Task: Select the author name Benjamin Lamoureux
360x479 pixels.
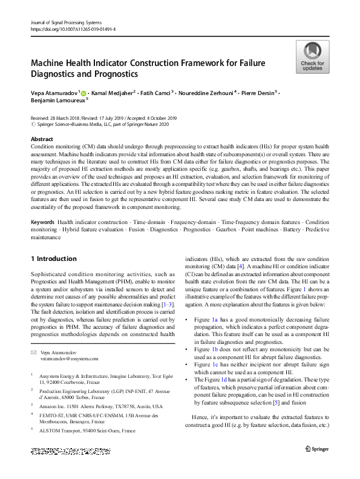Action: [58, 101]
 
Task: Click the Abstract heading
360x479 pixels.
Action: [42, 139]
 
